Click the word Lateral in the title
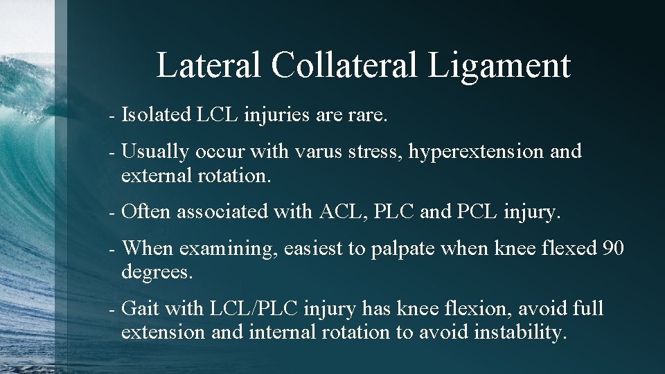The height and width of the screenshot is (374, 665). tap(209, 65)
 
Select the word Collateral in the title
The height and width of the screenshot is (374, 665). tap(344, 65)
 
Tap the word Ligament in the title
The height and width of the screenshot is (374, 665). tap(499, 66)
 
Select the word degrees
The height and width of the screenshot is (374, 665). tap(157, 273)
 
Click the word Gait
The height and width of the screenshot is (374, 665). tap(141, 308)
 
